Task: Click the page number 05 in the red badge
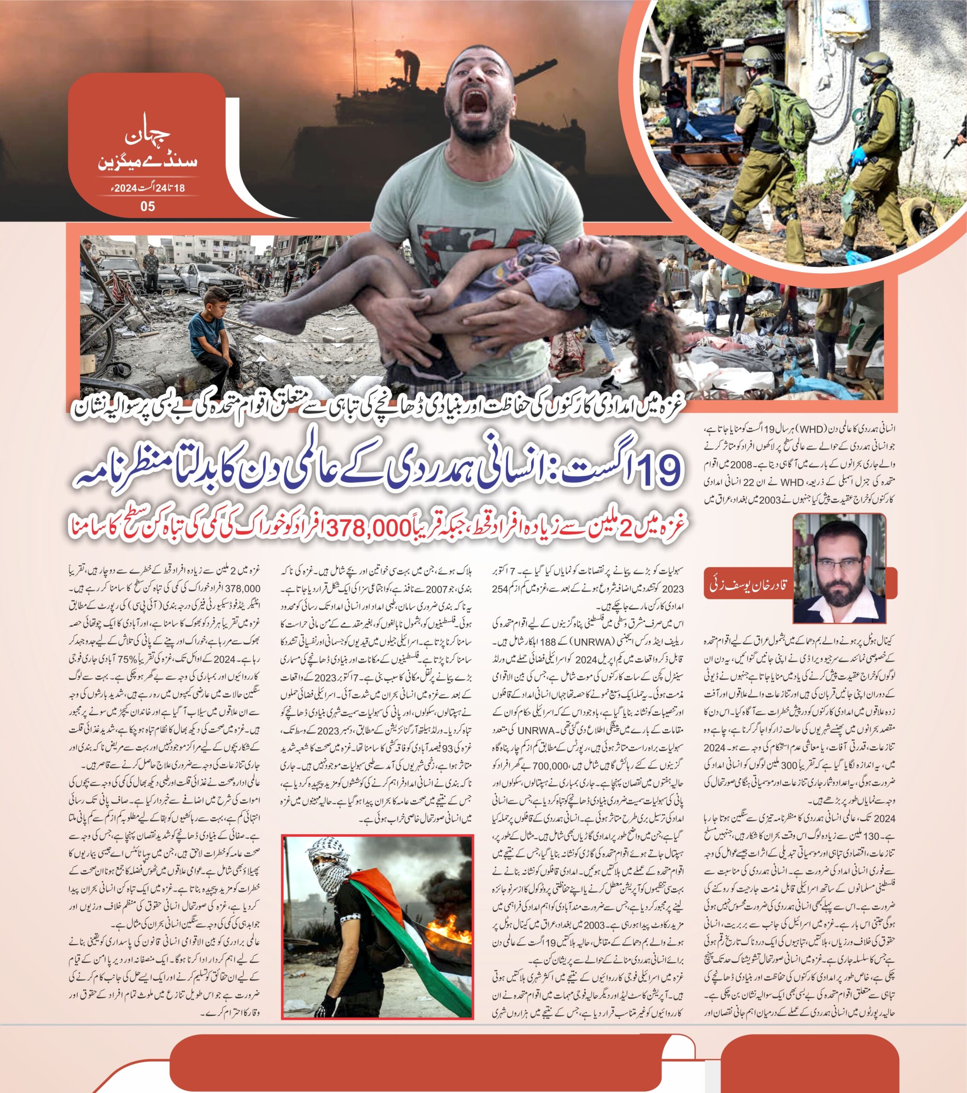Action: click(148, 206)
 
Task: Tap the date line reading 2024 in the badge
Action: click(146, 188)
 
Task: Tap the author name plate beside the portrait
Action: click(749, 585)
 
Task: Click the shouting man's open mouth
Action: click(476, 104)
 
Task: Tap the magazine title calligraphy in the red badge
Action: click(148, 150)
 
